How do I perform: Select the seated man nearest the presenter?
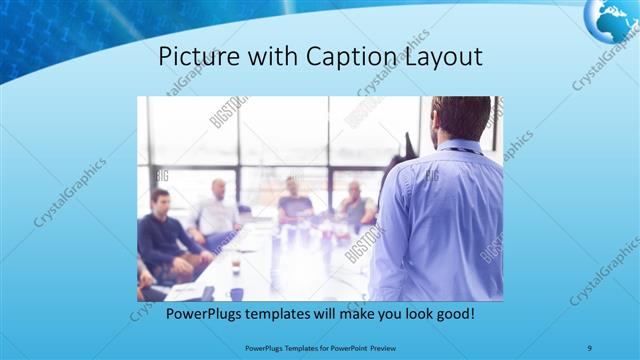[x=354, y=204]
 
